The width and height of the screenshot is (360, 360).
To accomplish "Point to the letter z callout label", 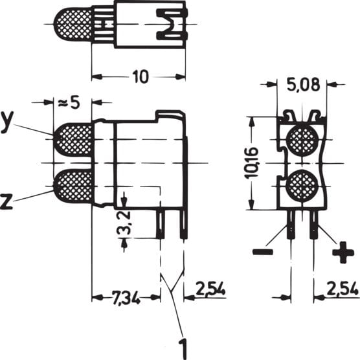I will [7, 201].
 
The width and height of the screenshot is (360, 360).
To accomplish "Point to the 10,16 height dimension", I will [253, 163].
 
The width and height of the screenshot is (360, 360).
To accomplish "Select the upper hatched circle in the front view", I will [301, 139].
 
